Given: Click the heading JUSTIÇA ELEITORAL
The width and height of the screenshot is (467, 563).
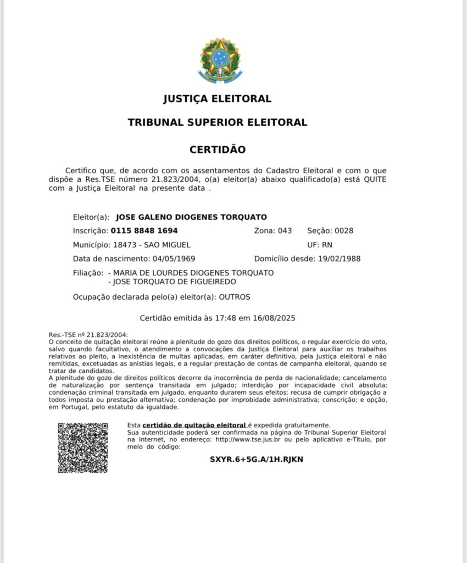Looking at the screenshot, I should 218,99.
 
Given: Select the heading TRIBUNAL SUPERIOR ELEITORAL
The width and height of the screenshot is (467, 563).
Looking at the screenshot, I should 218,122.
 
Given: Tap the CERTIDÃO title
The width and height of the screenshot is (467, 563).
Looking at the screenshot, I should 218,150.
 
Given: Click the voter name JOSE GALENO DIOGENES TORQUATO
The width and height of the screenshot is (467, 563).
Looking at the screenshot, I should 192,217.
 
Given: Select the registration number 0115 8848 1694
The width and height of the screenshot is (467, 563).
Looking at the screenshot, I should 144,231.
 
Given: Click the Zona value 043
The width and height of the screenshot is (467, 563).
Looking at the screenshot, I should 285,231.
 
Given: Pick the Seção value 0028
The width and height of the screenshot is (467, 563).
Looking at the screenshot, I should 343,231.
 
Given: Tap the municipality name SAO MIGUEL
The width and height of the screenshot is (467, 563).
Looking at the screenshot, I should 168,245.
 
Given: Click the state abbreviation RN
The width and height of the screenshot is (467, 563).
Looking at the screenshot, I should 327,245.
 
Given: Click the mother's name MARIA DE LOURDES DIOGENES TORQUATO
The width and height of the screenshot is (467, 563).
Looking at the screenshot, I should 193,273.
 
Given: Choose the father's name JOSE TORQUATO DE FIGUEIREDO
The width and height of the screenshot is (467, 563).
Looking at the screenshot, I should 175,282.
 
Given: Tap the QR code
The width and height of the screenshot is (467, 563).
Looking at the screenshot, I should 83,448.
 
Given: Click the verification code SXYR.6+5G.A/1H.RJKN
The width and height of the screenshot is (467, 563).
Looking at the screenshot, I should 256,460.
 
